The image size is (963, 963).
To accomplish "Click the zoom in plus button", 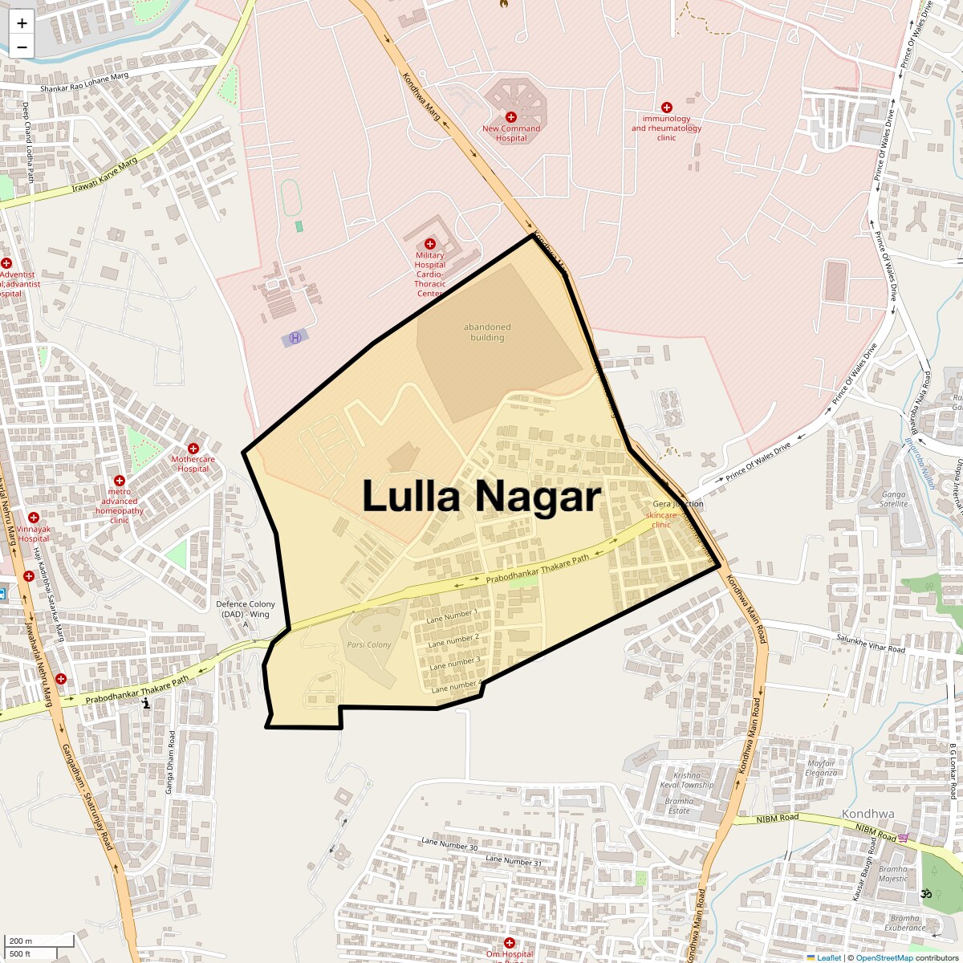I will pyautogui.click(x=22, y=23).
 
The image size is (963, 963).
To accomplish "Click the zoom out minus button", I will pyautogui.click(x=22, y=47).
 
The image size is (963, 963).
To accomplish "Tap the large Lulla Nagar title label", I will pyautogui.click(x=481, y=496).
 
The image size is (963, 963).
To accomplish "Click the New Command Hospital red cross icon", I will pyautogui.click(x=511, y=117).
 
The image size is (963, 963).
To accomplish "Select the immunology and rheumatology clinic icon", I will pyautogui.click(x=666, y=108).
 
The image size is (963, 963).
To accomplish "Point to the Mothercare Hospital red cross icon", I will pyautogui.click(x=193, y=449).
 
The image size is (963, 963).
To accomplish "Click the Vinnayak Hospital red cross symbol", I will pyautogui.click(x=34, y=518).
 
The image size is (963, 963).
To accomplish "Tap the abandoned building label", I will pyautogui.click(x=487, y=332).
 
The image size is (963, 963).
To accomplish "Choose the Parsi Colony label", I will pyautogui.click(x=369, y=644).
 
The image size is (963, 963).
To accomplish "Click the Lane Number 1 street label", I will pyautogui.click(x=452, y=616).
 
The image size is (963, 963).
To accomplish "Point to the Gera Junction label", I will pyautogui.click(x=678, y=504).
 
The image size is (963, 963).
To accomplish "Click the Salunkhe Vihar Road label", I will pyautogui.click(x=871, y=643).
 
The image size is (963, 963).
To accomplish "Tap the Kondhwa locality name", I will pyautogui.click(x=868, y=814).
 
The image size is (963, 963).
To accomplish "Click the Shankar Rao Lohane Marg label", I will pyautogui.click(x=84, y=82).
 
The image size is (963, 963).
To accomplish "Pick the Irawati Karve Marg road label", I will pyautogui.click(x=104, y=174).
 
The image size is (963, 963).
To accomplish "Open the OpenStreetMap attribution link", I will pyautogui.click(x=884, y=957).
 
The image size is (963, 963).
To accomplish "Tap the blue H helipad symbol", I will pyautogui.click(x=295, y=338).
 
